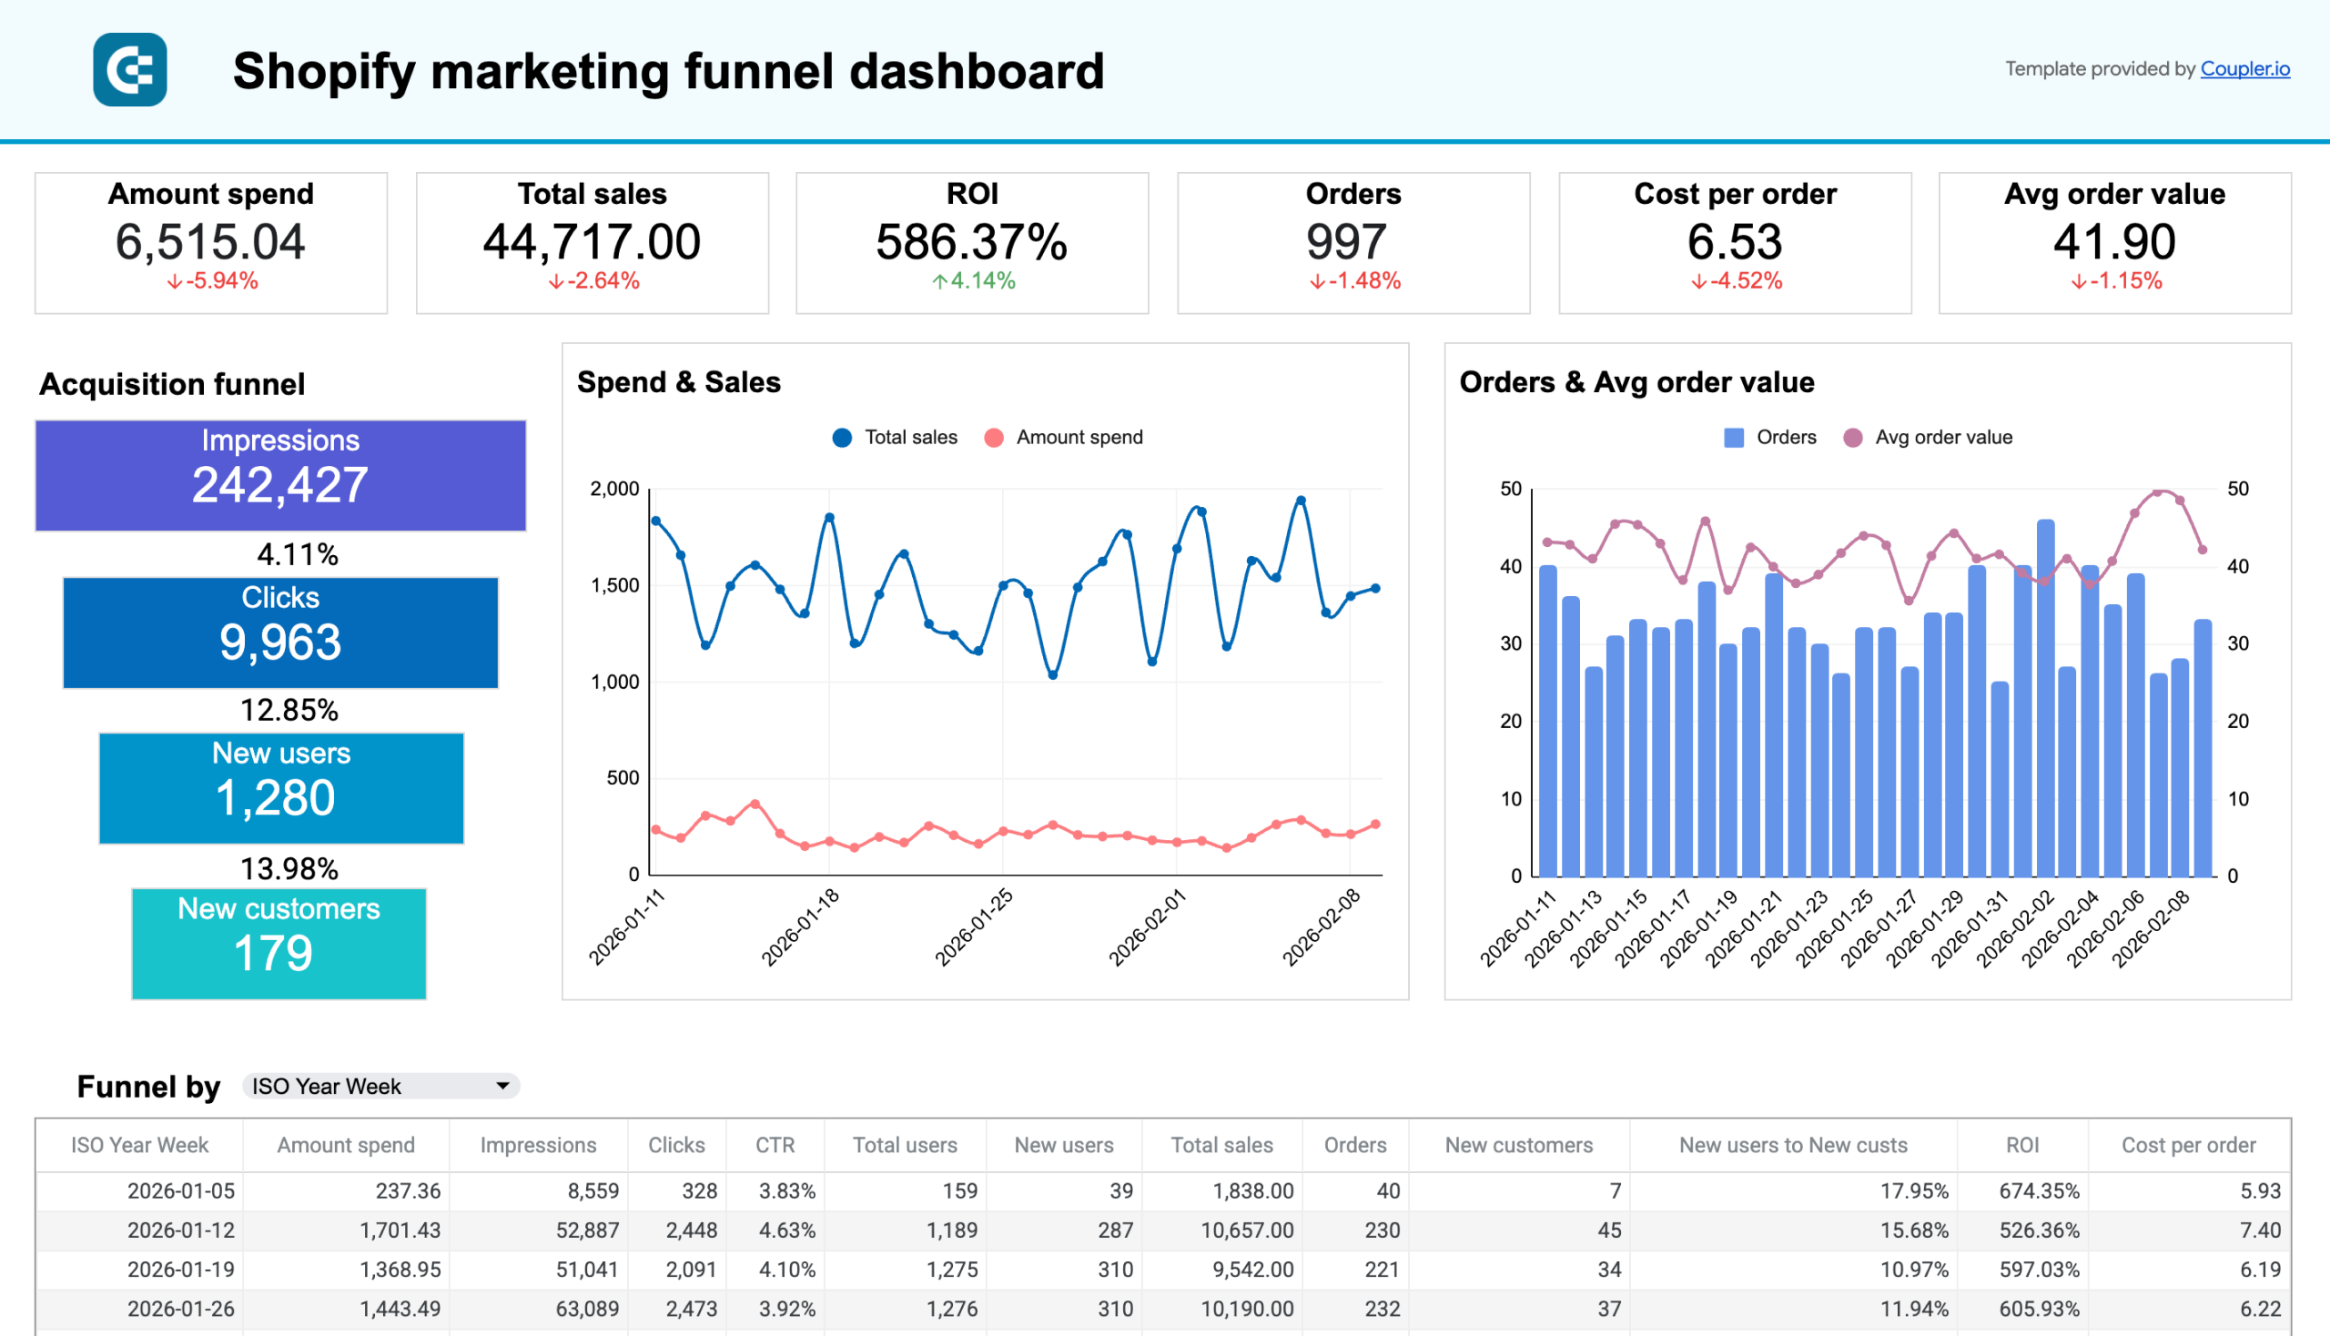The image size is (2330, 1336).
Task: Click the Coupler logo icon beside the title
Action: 129,70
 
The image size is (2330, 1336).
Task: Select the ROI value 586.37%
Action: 971,242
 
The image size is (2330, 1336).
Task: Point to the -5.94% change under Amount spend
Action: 213,281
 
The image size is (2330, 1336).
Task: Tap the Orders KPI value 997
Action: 1345,242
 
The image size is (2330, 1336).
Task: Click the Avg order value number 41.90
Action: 2113,242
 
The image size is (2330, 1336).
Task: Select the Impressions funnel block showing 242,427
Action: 280,475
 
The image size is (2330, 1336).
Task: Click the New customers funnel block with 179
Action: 279,943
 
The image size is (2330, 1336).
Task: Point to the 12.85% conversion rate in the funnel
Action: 289,710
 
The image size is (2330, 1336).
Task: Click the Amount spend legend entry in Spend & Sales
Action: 1065,438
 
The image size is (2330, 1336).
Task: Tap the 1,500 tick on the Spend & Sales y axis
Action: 615,585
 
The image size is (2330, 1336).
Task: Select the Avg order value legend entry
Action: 1928,438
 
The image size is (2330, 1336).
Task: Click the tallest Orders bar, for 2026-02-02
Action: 2044,697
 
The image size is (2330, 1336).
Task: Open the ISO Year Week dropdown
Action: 380,1087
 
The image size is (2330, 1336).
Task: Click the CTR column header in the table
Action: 775,1145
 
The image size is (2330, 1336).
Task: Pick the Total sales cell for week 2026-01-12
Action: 1246,1230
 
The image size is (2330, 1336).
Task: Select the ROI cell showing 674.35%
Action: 2038,1191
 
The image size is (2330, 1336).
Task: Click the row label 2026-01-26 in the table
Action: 181,1310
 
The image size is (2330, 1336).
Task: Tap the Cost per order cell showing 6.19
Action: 2259,1270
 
